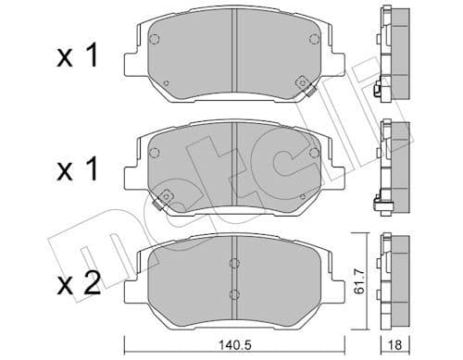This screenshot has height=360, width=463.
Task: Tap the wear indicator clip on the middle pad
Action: (168, 196)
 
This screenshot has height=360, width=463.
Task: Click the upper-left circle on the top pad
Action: (155, 40)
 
